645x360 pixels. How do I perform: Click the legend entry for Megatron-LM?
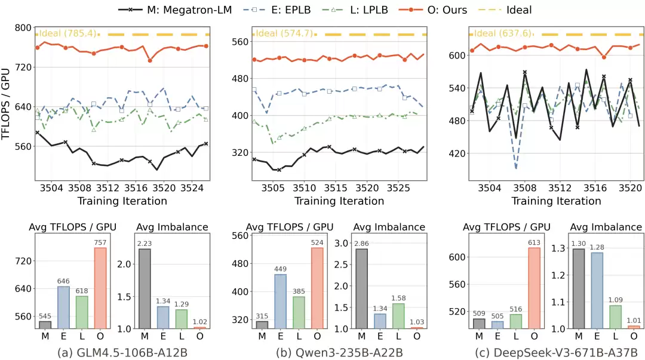pyautogui.click(x=175, y=10)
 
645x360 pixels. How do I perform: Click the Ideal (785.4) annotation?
pyautogui.click(x=67, y=33)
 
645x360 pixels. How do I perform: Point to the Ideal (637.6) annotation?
pyautogui.click(x=502, y=33)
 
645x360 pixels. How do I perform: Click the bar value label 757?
pyautogui.click(x=100, y=242)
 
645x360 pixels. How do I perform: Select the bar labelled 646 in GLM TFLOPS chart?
pyautogui.click(x=63, y=307)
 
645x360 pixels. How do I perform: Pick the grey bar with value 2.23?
pyautogui.click(x=145, y=288)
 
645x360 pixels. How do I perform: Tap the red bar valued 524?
pyautogui.click(x=317, y=288)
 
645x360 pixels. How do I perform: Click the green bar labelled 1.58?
pyautogui.click(x=398, y=316)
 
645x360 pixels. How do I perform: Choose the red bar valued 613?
pyautogui.click(x=534, y=288)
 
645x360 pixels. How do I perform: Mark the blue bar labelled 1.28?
pyautogui.click(x=597, y=291)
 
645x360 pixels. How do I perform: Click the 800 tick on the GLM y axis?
pyautogui.click(x=23, y=28)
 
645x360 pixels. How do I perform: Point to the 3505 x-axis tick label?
pyautogui.click(x=273, y=188)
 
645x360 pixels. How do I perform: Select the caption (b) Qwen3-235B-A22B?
pyautogui.click(x=339, y=353)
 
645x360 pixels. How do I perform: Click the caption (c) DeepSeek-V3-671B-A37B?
pyautogui.click(x=556, y=353)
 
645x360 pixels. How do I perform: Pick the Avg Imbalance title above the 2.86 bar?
pyautogui.click(x=389, y=227)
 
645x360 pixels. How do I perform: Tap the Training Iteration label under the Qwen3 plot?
pyautogui.click(x=339, y=201)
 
